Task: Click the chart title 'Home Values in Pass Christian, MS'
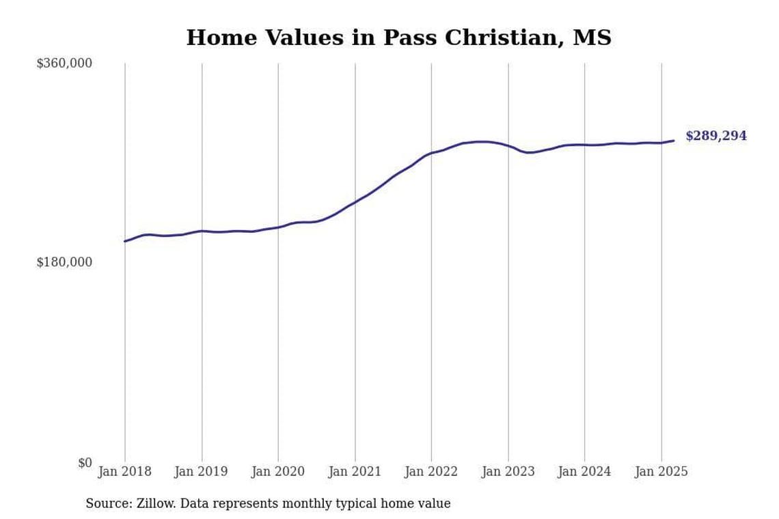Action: [x=398, y=38]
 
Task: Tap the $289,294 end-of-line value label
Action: [x=715, y=136]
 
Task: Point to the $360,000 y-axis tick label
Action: [x=64, y=64]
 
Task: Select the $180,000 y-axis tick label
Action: [x=64, y=262]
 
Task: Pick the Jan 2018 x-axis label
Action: [x=125, y=472]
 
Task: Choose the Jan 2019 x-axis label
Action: [x=202, y=472]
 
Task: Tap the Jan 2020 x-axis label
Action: [x=278, y=472]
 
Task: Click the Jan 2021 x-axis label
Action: [x=355, y=472]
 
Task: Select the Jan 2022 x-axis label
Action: [x=431, y=472]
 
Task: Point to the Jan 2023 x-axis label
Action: [x=508, y=472]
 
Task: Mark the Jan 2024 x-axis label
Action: [x=584, y=472]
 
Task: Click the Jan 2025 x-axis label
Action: [x=661, y=472]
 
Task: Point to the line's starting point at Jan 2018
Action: [x=125, y=241]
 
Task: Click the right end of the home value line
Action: [x=674, y=141]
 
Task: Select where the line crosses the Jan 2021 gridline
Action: [x=355, y=202]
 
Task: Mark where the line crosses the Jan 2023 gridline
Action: [x=508, y=146]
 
